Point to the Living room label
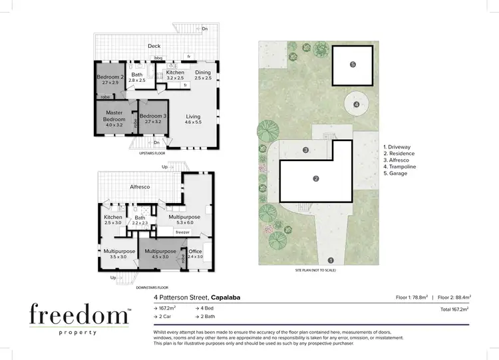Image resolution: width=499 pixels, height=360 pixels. pos(192,116)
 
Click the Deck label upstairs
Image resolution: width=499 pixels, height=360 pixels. pos(154,47)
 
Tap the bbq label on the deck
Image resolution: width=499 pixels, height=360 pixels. pos(158,58)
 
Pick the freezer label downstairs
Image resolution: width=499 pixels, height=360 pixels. pos(183,232)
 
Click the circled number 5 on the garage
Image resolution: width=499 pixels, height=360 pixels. pos(353,65)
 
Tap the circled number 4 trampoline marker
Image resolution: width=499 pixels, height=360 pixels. pos(357,104)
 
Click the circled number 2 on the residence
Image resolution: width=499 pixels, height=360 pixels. pos(316,178)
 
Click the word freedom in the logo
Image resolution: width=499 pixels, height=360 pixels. pos(79,314)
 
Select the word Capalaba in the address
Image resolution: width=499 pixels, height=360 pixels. pos(232,297)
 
